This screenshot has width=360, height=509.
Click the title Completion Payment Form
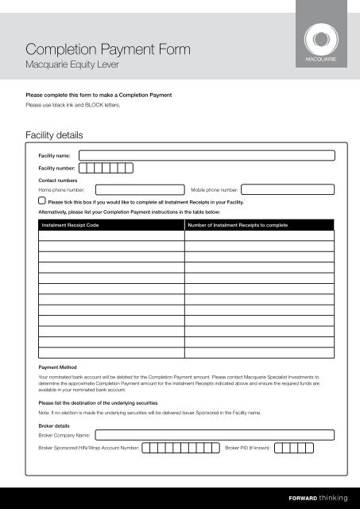tap(108, 51)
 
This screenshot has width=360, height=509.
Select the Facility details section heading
tap(60, 136)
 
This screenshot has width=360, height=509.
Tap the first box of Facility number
tap(85, 168)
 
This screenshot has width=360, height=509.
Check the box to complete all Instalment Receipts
tap(42, 202)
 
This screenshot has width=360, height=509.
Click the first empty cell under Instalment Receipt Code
tap(110, 235)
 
